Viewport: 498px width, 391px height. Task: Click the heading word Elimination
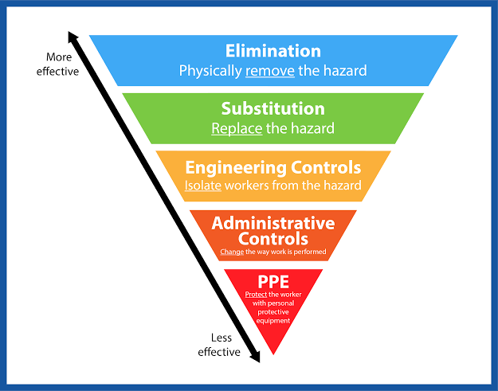[273, 52]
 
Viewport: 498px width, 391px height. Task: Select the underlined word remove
[270, 71]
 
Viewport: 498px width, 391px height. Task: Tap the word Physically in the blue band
[210, 71]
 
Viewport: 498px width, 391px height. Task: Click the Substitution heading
[273, 109]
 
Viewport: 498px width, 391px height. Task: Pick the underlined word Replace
[236, 127]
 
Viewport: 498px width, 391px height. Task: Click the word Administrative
[273, 222]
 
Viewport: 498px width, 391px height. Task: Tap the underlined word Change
[231, 252]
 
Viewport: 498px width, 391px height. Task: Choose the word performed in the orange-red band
[311, 252]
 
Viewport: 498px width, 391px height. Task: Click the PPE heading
[273, 281]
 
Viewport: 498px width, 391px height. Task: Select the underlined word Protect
[257, 294]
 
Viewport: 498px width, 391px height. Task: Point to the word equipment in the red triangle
[273, 321]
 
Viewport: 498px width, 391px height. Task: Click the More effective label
[57, 65]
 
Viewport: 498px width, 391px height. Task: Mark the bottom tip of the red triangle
[273, 354]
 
